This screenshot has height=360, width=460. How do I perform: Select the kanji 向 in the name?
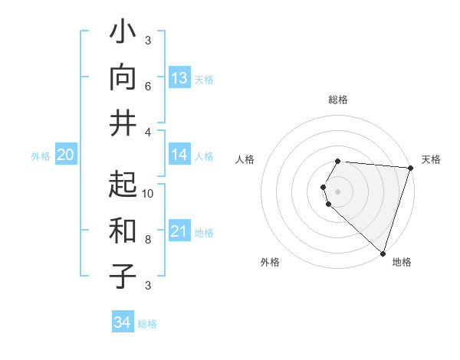click(x=123, y=77)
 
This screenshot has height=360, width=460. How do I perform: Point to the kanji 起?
click(x=123, y=184)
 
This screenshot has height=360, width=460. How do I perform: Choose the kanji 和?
click(x=123, y=229)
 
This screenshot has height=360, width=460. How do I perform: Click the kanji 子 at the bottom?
click(x=123, y=275)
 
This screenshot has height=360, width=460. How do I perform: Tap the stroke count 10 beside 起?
click(x=148, y=193)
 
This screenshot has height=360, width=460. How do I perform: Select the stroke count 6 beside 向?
click(x=148, y=87)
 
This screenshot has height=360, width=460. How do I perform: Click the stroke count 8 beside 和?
click(x=148, y=239)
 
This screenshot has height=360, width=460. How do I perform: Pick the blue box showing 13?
click(x=179, y=78)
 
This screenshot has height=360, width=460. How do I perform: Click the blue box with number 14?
click(x=179, y=155)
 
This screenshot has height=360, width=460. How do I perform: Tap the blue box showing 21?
click(x=179, y=231)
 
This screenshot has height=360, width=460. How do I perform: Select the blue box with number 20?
click(x=65, y=155)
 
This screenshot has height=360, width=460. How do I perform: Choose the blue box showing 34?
click(x=122, y=322)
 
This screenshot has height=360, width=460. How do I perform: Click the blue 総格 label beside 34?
click(x=147, y=324)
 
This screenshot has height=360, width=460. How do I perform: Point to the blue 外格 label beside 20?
click(x=41, y=156)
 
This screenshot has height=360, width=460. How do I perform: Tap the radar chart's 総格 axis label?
click(x=338, y=100)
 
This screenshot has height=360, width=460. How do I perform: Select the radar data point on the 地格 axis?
click(x=383, y=254)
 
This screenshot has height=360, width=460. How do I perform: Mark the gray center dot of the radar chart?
click(x=338, y=191)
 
